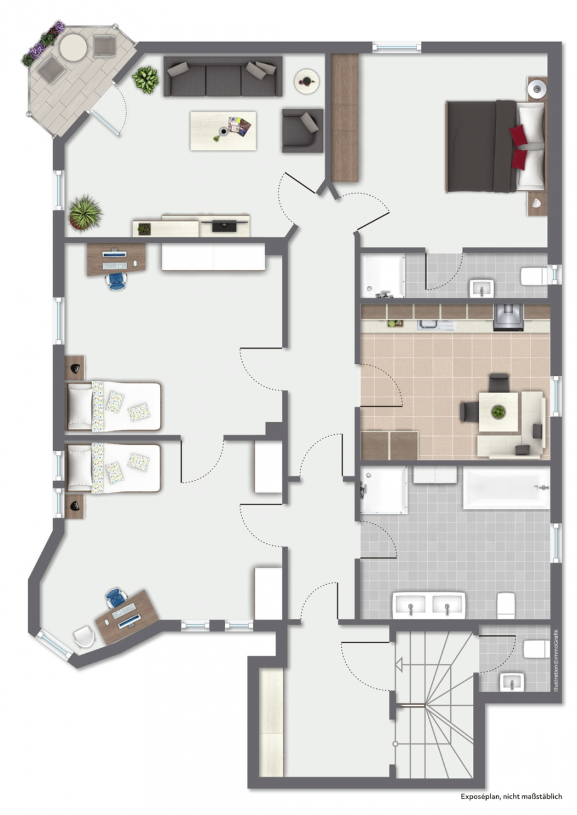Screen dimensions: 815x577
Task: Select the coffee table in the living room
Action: [x=223, y=131]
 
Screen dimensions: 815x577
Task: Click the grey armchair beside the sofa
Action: [x=302, y=130]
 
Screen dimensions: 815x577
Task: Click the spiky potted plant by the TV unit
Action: [x=85, y=212]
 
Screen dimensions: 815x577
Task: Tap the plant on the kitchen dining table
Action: [x=498, y=412]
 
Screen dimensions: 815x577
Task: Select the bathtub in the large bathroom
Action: [x=506, y=488]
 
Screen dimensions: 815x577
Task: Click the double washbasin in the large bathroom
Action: [x=429, y=606]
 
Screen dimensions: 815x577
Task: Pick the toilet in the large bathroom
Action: [x=506, y=605]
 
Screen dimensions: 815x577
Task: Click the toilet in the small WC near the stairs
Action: [x=536, y=649]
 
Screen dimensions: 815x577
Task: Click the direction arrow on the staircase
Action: [x=398, y=664]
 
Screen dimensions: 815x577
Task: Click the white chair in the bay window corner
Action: [x=83, y=636]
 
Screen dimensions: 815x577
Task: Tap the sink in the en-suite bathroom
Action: [x=482, y=288]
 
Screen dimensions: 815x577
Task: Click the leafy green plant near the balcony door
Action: [x=146, y=80]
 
